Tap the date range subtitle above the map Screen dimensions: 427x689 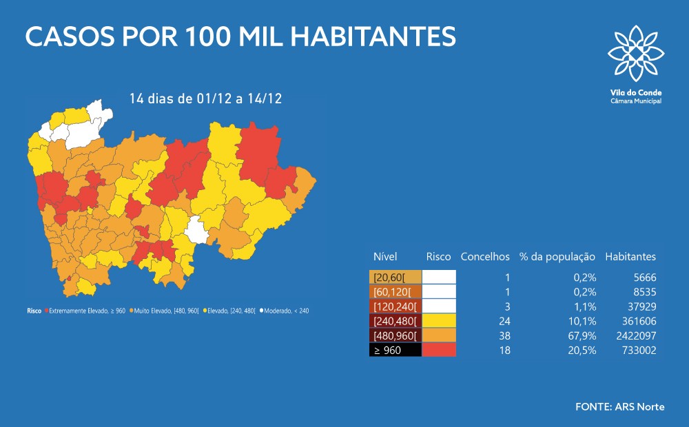[x=205, y=98]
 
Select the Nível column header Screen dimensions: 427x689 [x=385, y=257]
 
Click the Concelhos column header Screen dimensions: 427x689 [x=485, y=257]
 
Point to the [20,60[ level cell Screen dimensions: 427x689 [x=395, y=277]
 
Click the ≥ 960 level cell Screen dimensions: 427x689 [x=395, y=350]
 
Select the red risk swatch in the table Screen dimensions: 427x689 [x=439, y=350]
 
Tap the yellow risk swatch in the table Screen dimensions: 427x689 [x=439, y=320]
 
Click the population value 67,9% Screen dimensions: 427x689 [x=583, y=335]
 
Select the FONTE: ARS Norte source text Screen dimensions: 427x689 [x=620, y=406]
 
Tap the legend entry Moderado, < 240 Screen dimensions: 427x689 [x=285, y=311]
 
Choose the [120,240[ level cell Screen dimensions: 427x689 [x=395, y=306]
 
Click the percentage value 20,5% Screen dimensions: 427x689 [x=583, y=350]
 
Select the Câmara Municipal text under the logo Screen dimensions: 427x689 [x=635, y=101]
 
